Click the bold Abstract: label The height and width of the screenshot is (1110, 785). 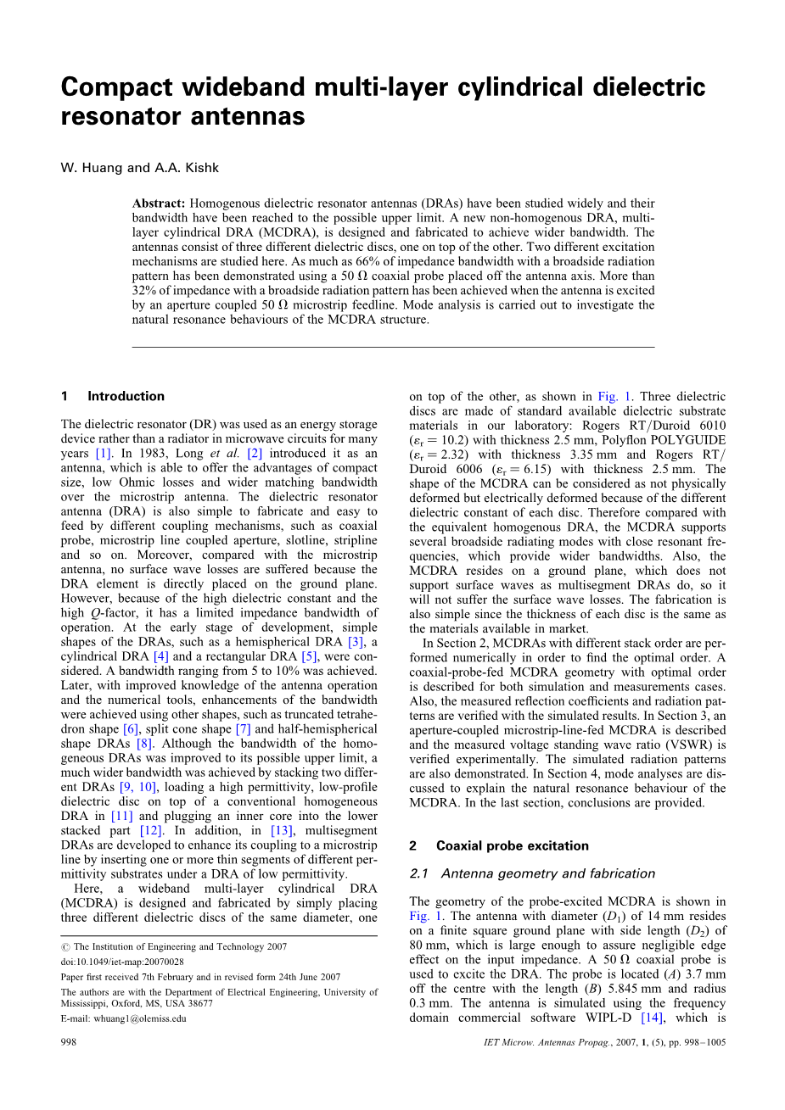pos(159,204)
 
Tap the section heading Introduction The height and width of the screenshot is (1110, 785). pos(126,396)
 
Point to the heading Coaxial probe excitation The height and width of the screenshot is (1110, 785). pos(512,845)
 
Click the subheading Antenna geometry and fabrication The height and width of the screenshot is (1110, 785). pos(548,873)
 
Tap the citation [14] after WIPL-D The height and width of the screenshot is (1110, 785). pos(652,1018)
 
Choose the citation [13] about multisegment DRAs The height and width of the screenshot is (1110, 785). pos(281,831)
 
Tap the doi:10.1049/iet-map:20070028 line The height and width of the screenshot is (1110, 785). pos(122,962)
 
